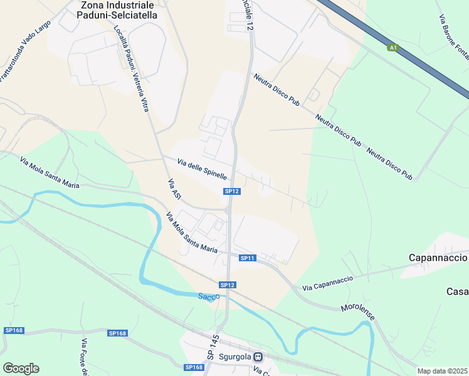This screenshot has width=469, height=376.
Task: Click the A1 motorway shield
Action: click(x=393, y=48)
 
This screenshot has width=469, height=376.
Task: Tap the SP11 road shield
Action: click(x=248, y=258)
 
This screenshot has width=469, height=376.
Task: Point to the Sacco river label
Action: click(x=209, y=296)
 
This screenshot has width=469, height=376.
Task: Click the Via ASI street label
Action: click(x=174, y=190)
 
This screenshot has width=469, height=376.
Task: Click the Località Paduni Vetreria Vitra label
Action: click(x=131, y=69)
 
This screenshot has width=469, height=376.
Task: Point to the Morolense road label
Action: click(x=357, y=312)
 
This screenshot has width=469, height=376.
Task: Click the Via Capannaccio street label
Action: click(x=327, y=283)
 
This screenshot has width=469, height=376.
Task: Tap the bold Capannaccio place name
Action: click(x=438, y=258)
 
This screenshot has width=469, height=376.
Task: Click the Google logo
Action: click(x=21, y=368)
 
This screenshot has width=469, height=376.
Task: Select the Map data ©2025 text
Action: click(x=442, y=371)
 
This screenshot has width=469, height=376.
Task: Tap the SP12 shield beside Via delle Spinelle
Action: click(x=232, y=191)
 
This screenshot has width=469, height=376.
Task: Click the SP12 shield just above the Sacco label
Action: click(x=227, y=285)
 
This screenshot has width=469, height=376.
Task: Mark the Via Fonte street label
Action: click(x=84, y=357)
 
